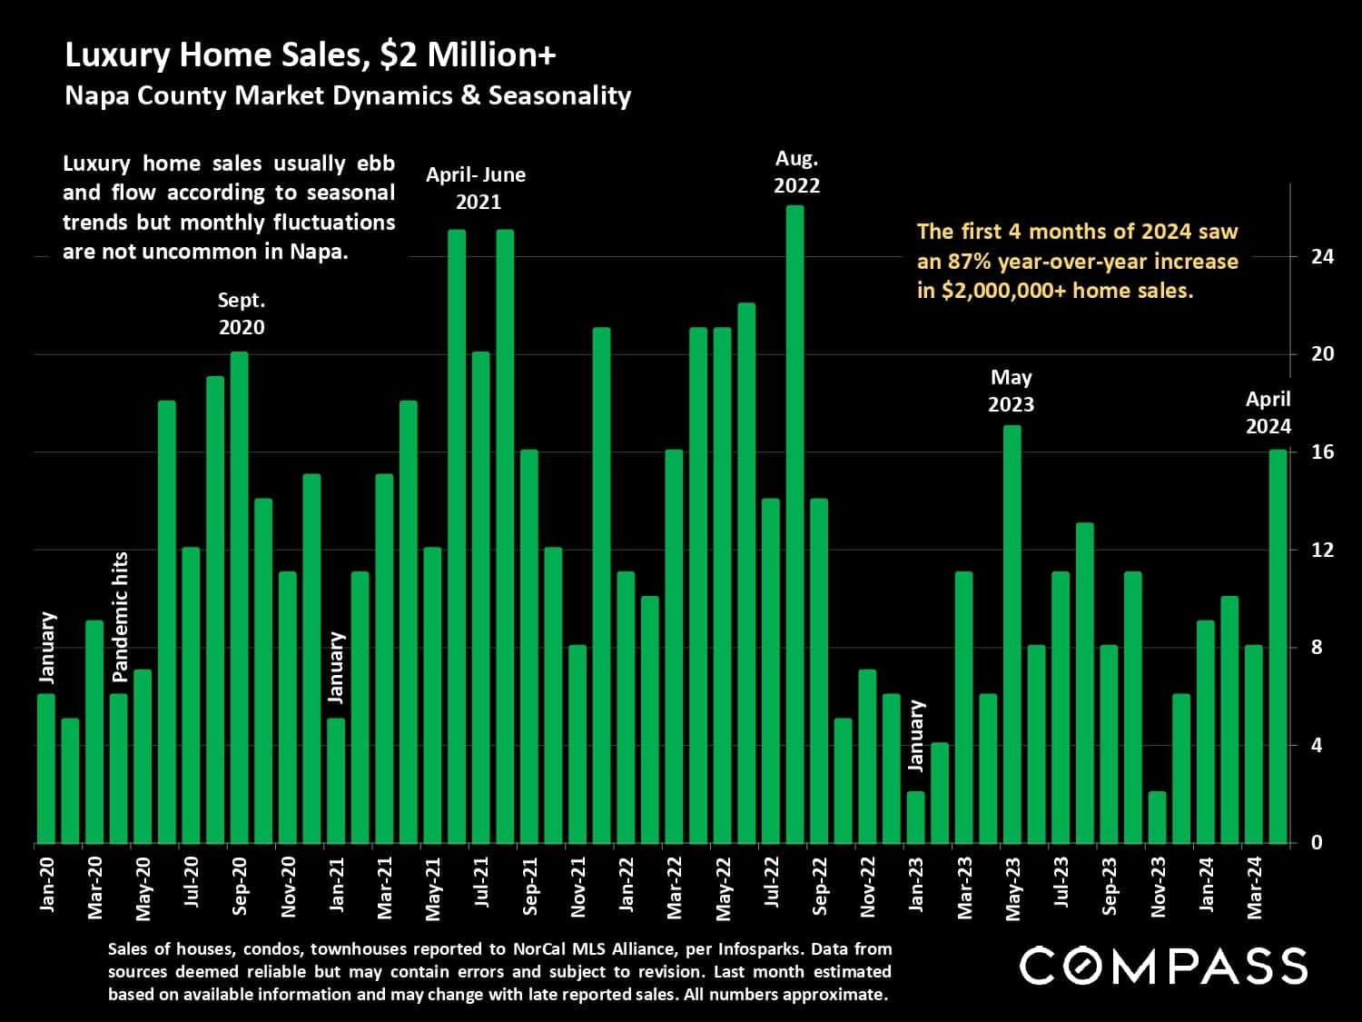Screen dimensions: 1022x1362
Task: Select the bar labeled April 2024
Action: point(1278,646)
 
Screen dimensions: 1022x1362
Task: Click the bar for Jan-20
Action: point(46,769)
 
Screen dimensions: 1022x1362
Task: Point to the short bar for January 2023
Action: point(915,818)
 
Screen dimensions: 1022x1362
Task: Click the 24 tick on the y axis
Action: point(1323,257)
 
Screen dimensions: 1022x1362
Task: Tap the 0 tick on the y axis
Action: point(1316,844)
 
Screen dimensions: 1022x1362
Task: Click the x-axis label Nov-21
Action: point(578,887)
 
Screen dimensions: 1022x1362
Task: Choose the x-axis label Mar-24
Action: point(1255,887)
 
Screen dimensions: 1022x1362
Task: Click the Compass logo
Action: point(1163,965)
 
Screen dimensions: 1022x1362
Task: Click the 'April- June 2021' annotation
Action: point(477,188)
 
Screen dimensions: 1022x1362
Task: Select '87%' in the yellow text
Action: point(972,262)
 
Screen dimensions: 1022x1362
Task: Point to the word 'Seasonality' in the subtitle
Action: point(559,96)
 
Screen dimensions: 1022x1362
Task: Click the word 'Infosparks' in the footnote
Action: point(759,949)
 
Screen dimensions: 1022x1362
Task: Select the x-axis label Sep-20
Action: point(240,887)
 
